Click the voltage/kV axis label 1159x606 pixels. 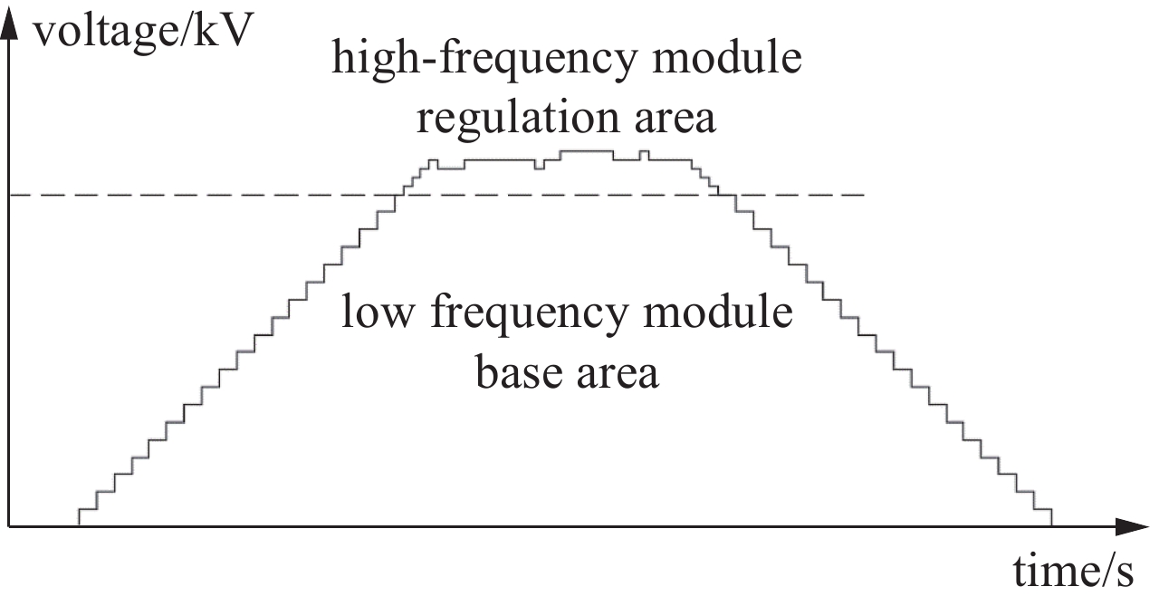click(x=143, y=32)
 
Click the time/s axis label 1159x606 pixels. click(x=1073, y=572)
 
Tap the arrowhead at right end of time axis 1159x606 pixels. click(x=1132, y=527)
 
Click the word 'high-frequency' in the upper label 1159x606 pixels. click(x=484, y=59)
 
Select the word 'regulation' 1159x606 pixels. click(x=518, y=119)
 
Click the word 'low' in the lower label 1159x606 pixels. click(x=378, y=312)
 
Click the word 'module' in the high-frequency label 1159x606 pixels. click(x=727, y=57)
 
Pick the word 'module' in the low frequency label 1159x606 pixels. click(x=718, y=311)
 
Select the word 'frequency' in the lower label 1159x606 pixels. click(x=530, y=313)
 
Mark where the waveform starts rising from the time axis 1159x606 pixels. click(x=79, y=525)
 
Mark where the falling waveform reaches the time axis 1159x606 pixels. click(x=1051, y=525)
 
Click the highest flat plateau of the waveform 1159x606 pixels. click(x=588, y=151)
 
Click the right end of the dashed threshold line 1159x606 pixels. click(x=864, y=195)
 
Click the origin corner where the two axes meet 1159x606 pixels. click(x=9, y=527)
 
